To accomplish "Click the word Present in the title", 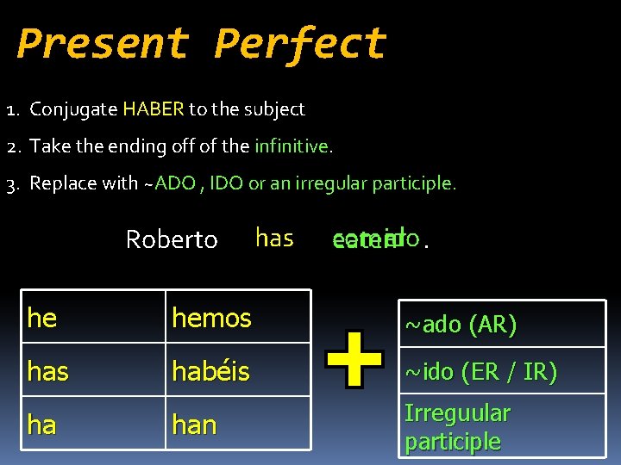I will [102, 43].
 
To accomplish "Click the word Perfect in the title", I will [300, 43].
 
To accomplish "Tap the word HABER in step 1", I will [154, 109].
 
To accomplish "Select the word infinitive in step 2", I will [292, 146].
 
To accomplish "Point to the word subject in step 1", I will [275, 109].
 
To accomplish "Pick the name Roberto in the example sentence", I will [172, 239].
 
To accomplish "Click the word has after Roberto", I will [274, 238].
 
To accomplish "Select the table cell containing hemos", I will [238, 317].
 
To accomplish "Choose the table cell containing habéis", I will [238, 370].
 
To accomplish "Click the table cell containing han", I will [238, 424].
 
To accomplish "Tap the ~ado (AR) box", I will [502, 324].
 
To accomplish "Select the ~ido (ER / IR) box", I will [502, 372].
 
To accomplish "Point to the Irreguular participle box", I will [502, 426].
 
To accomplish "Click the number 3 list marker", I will [12, 183].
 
